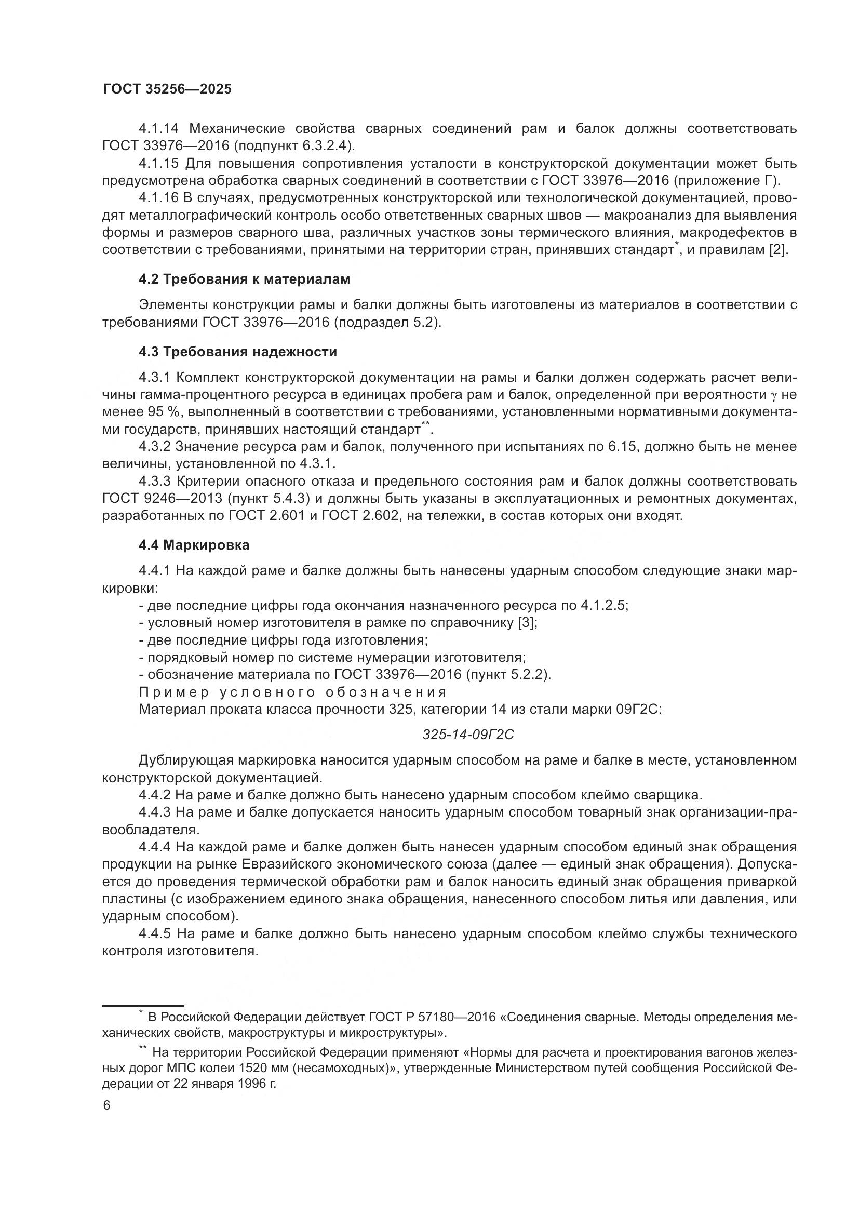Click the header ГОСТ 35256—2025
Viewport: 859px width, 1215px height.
click(x=167, y=89)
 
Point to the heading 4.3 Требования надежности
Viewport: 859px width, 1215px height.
click(x=237, y=352)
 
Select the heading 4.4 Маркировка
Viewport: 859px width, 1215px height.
click(x=194, y=545)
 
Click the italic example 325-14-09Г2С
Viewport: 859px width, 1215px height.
click(x=468, y=735)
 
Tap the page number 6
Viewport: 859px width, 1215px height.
click(x=107, y=1106)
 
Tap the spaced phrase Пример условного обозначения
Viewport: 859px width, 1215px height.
click(x=292, y=692)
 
